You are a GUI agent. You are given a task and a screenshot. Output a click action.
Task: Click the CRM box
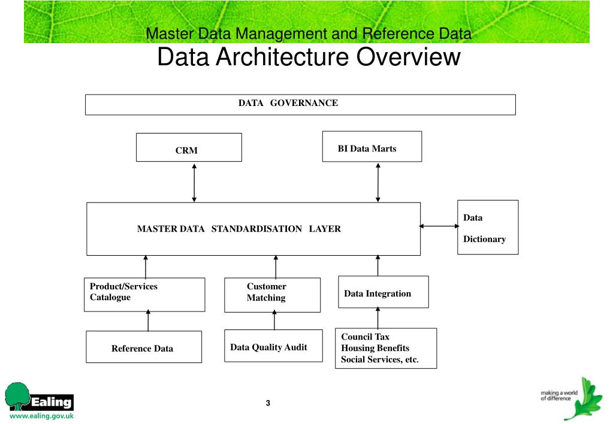point(189,147)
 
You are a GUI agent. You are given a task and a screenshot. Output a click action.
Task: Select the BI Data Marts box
point(372,147)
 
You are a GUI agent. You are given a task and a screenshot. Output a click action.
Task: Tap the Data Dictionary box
point(488,228)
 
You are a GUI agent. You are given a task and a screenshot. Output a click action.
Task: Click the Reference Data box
point(144,347)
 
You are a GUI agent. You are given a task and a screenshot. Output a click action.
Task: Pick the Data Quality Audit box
point(273,346)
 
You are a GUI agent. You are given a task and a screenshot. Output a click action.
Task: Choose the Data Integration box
point(383,292)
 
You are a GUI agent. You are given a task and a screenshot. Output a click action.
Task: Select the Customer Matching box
point(272,295)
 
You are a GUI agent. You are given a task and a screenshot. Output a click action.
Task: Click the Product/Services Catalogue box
point(144,295)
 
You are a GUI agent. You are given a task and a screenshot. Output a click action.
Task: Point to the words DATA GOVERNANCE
point(288,103)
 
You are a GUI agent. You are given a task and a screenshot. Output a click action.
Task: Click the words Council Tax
point(365,337)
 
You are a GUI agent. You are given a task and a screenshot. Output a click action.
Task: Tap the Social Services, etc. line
point(380,359)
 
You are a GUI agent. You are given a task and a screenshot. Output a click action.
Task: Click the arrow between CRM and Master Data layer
point(194,182)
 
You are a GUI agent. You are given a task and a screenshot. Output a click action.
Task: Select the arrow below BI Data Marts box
point(378,182)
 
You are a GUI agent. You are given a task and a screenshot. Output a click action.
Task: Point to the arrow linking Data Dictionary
point(439,226)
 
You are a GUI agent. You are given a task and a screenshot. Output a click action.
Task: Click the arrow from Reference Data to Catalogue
point(148,320)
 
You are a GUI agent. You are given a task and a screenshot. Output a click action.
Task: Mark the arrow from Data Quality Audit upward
point(274,320)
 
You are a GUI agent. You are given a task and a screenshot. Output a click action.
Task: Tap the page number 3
point(268,403)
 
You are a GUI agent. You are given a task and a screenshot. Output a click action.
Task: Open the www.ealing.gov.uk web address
point(41,416)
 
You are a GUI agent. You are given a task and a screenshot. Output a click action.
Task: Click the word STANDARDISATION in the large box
point(256,229)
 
